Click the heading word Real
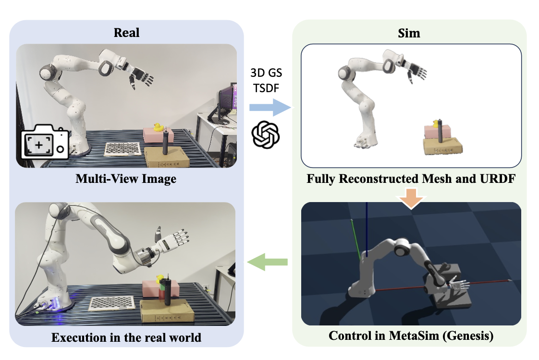click(126, 33)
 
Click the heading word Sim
click(410, 33)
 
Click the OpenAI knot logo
click(266, 134)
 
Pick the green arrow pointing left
click(267, 262)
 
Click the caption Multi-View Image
click(126, 179)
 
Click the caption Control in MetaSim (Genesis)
click(411, 336)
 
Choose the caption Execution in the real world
click(126, 337)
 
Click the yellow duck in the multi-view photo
click(157, 127)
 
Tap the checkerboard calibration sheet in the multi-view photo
click(122, 149)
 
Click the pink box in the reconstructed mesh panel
click(437, 132)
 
